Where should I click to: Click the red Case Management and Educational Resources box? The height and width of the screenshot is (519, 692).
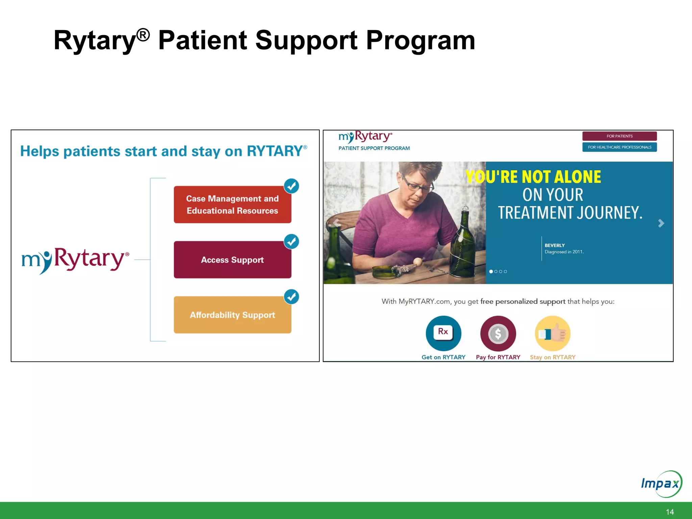(232, 204)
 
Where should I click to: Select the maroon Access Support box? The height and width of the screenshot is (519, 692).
(232, 259)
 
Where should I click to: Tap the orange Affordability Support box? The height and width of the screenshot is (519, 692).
(232, 315)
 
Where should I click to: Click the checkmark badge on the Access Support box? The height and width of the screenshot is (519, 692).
(291, 242)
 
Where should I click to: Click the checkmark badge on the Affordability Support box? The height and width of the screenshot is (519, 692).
(291, 297)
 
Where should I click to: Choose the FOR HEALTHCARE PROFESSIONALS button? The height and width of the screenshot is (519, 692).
(619, 147)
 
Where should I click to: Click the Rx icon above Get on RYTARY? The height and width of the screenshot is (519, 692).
(443, 333)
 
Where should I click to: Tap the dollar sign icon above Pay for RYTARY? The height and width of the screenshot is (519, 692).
(498, 333)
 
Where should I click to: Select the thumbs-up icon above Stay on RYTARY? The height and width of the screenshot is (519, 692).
(553, 333)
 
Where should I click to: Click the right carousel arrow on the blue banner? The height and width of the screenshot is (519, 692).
(661, 223)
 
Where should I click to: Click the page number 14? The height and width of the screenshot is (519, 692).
(669, 512)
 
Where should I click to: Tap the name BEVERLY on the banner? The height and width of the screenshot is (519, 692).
(554, 245)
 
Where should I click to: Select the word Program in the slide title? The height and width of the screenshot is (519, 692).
(421, 40)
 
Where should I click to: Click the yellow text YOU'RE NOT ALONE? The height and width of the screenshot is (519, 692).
(533, 177)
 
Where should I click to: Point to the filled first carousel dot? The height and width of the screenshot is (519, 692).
(491, 271)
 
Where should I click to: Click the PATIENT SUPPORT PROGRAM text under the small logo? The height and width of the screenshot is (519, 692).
(374, 148)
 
